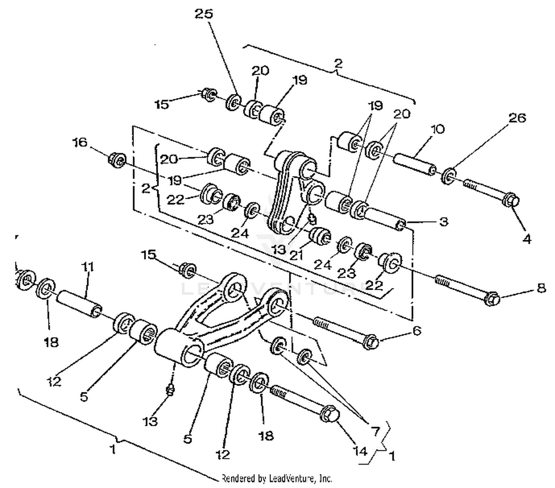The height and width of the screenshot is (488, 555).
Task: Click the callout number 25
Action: point(204,14)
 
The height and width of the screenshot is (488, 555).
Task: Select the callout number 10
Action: point(437,129)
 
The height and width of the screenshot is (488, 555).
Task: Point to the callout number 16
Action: point(80,142)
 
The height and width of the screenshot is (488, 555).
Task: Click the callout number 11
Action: point(88,267)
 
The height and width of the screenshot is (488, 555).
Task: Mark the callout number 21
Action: point(296,255)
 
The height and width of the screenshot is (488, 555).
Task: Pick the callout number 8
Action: point(541,288)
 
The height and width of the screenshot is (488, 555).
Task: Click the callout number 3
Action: point(444,222)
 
